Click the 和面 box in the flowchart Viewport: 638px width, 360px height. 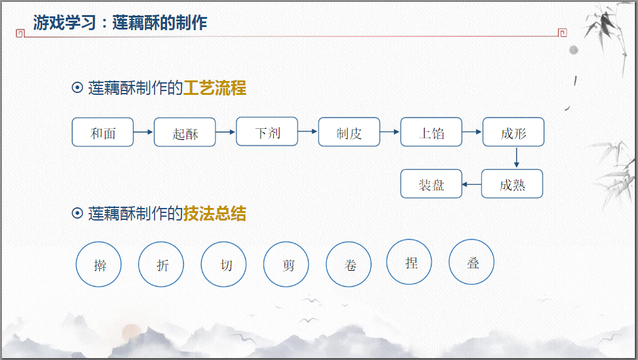(x=103, y=132)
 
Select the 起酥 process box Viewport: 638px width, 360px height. (x=185, y=133)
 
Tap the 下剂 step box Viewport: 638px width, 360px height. (x=267, y=131)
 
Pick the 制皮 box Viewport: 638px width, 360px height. (x=349, y=132)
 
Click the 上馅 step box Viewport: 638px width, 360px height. (x=431, y=132)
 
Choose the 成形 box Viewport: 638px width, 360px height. (x=513, y=132)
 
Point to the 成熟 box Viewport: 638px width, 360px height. (x=512, y=184)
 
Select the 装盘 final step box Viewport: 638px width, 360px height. (x=431, y=184)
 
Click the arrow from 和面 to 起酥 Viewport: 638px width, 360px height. (x=144, y=132)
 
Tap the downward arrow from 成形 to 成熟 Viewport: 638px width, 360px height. (x=516, y=158)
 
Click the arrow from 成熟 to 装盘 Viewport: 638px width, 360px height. (x=472, y=184)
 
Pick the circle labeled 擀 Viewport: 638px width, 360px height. (x=99, y=265)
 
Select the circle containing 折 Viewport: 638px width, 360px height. (x=161, y=265)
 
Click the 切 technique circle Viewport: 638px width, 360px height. (x=224, y=265)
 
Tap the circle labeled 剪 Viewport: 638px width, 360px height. (x=286, y=265)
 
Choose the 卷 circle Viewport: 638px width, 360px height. (x=349, y=265)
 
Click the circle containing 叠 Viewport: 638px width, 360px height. (x=472, y=262)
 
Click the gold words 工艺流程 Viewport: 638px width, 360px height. (x=214, y=89)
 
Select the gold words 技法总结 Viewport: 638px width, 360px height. (x=214, y=214)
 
